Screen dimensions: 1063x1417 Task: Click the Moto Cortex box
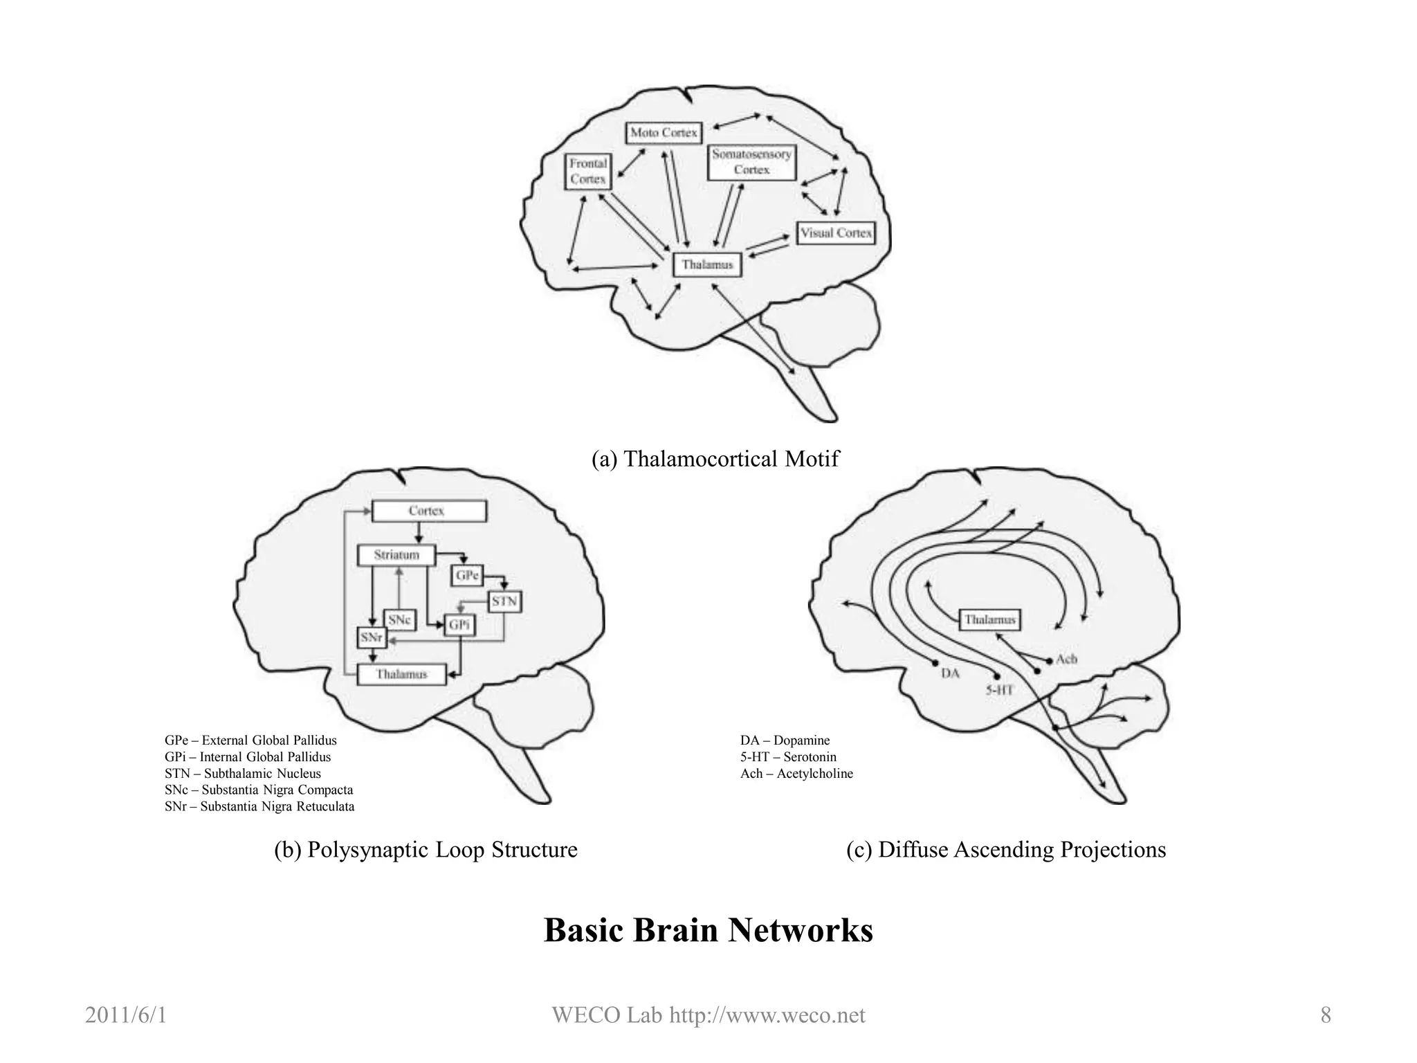coord(663,133)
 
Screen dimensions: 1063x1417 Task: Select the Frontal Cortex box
coord(587,172)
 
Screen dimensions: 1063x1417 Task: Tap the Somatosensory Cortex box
coord(751,163)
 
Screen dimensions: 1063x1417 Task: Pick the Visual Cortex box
coord(835,233)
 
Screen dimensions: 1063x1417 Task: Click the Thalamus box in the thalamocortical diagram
coord(706,265)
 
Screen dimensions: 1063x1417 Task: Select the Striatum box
coord(396,555)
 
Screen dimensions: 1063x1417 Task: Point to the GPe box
coord(467,575)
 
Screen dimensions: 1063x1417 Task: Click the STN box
coord(504,601)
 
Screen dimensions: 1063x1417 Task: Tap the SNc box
coord(399,620)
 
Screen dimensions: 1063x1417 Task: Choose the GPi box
coord(459,625)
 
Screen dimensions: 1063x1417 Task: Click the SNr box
coord(372,637)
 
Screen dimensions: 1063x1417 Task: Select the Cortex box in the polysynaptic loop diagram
coord(428,511)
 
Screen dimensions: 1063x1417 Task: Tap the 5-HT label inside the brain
coord(999,690)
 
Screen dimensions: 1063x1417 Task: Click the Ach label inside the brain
coord(1066,660)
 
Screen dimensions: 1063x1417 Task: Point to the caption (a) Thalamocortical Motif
coord(715,459)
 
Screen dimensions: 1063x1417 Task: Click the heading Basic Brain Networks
coord(708,930)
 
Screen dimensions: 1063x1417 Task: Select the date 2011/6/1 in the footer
coord(125,1015)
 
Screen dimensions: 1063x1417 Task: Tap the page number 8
coord(1325,1015)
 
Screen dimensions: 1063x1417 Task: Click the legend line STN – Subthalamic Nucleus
coord(243,774)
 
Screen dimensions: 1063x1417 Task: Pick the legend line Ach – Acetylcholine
coord(796,774)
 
